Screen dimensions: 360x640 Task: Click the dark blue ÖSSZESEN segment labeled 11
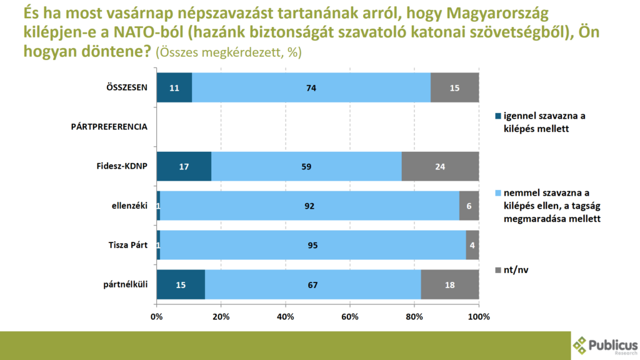(x=174, y=87)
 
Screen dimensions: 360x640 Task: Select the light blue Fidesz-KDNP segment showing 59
(x=306, y=166)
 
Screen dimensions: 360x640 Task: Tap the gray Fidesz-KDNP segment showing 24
(x=440, y=166)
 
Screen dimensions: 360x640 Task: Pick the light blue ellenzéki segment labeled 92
(x=309, y=206)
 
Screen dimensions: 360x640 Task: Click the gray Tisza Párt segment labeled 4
(x=472, y=245)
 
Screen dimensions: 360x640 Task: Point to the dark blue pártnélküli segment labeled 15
(x=181, y=284)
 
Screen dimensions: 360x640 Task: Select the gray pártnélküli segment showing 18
(x=450, y=284)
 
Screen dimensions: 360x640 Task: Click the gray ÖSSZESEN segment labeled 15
(x=454, y=87)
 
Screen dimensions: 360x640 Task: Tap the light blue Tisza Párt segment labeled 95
(x=312, y=245)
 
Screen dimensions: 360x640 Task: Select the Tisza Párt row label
(x=127, y=245)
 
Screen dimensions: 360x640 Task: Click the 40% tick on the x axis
(x=286, y=316)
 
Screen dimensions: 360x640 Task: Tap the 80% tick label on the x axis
(x=414, y=316)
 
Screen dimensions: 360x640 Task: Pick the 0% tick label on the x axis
(x=157, y=316)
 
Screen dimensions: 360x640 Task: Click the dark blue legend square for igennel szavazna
(x=498, y=116)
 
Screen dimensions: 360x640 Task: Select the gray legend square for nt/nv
(x=498, y=270)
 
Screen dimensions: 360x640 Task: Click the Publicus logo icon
(x=581, y=344)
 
